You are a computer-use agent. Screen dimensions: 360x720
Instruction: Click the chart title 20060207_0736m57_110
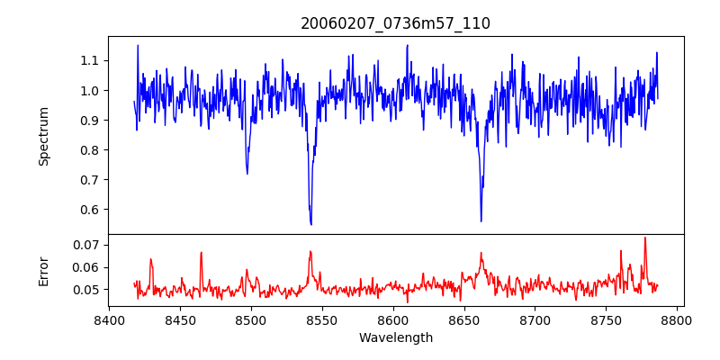395,23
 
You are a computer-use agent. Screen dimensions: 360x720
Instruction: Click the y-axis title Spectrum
43,136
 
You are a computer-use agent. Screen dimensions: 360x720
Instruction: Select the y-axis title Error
43,270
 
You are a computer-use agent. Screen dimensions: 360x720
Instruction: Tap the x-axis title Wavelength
395,338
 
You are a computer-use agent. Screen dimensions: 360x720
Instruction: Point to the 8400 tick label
109,319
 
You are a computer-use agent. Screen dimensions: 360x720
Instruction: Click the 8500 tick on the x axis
251,319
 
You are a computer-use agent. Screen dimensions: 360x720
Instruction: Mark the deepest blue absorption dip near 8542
310,224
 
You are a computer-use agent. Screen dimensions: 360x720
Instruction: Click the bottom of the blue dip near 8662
481,220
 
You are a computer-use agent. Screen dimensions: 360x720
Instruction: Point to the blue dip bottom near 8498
247,173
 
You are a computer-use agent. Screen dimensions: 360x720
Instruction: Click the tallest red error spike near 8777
644,238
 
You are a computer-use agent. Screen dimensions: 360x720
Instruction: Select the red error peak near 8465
201,252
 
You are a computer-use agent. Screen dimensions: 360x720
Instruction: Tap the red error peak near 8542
310,251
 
